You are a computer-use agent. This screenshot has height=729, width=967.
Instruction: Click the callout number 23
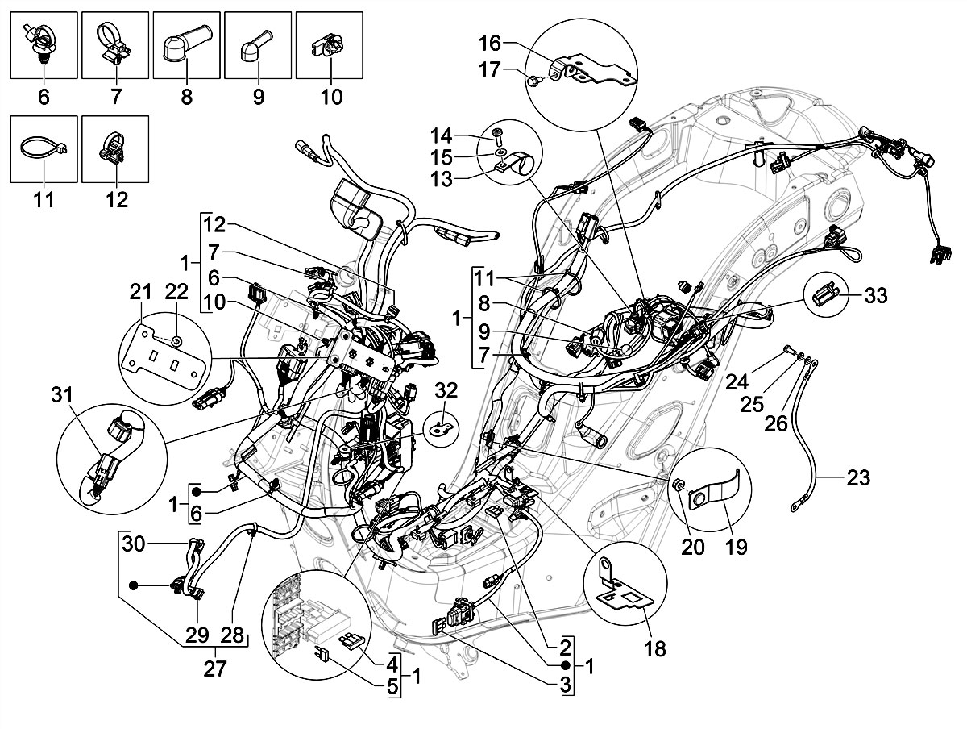coord(858,478)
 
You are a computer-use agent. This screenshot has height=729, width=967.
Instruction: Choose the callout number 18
coord(656,648)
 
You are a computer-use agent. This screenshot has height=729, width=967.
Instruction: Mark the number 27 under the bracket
coord(215,669)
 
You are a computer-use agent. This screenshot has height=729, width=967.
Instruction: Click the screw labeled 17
coord(535,78)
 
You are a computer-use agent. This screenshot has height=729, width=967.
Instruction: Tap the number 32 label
coord(446,392)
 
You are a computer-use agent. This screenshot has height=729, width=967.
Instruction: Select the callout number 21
coord(143,290)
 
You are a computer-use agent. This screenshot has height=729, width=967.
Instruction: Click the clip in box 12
coord(114,146)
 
